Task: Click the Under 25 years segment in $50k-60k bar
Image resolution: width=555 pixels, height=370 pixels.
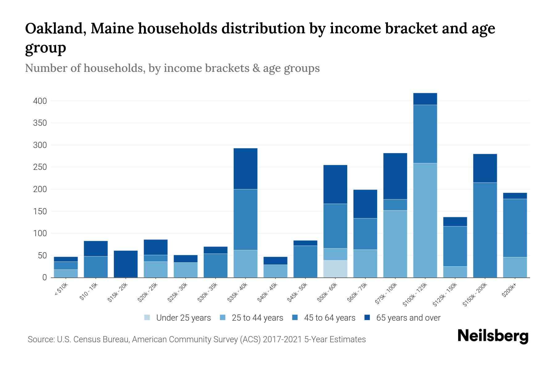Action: point(335,269)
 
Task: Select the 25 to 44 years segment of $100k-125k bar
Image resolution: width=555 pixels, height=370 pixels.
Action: point(425,220)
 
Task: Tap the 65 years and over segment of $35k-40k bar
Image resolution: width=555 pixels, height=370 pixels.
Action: point(245,169)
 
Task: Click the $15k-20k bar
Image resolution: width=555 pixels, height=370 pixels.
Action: point(126,264)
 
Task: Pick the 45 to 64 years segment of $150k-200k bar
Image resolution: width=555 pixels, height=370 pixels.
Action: point(485,230)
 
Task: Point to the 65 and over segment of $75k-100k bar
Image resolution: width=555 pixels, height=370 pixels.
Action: point(395,176)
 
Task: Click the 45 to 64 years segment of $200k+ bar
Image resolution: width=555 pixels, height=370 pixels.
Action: point(515,228)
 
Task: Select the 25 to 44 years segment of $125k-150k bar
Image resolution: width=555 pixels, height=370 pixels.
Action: point(455,272)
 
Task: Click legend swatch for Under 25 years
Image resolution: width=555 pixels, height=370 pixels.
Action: point(147,318)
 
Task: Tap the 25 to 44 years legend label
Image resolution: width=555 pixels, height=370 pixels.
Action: point(257,318)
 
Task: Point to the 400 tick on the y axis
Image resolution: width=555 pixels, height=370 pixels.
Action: point(40,101)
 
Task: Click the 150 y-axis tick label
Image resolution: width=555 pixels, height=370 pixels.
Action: point(40,212)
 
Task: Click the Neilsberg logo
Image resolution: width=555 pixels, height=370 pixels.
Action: point(493,336)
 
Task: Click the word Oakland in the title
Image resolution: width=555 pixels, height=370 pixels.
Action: point(54,29)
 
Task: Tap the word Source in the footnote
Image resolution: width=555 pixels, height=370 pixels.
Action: point(40,339)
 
